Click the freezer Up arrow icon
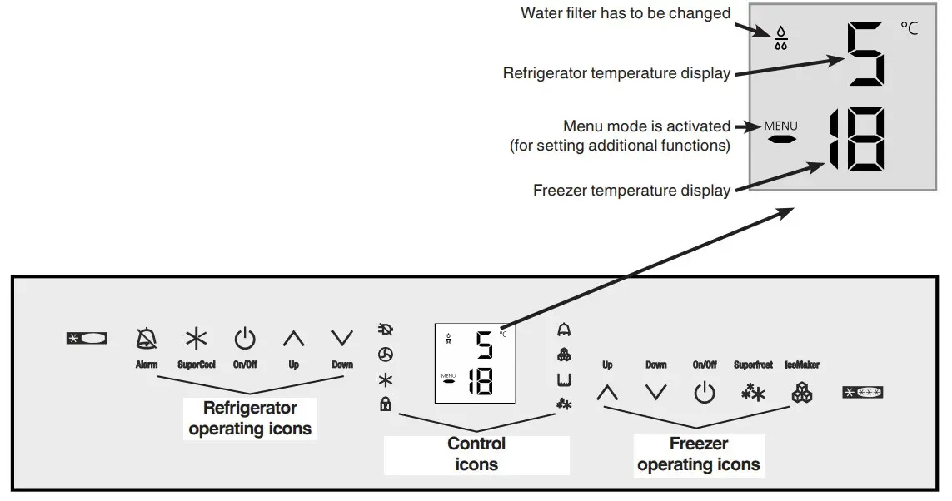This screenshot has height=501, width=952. [607, 393]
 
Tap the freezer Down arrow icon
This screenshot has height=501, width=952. [656, 393]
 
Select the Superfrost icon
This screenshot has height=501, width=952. [753, 393]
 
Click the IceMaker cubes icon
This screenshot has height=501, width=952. [802, 392]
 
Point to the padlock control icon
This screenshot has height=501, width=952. [386, 405]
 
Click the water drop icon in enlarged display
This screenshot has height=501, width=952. [780, 38]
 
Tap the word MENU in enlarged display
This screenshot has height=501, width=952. [780, 126]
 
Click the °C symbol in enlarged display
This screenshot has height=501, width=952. [909, 29]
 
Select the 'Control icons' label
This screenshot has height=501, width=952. [476, 454]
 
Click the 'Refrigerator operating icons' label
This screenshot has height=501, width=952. [250, 419]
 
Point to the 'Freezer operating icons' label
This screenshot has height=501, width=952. [699, 454]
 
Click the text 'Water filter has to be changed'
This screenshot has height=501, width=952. [626, 12]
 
